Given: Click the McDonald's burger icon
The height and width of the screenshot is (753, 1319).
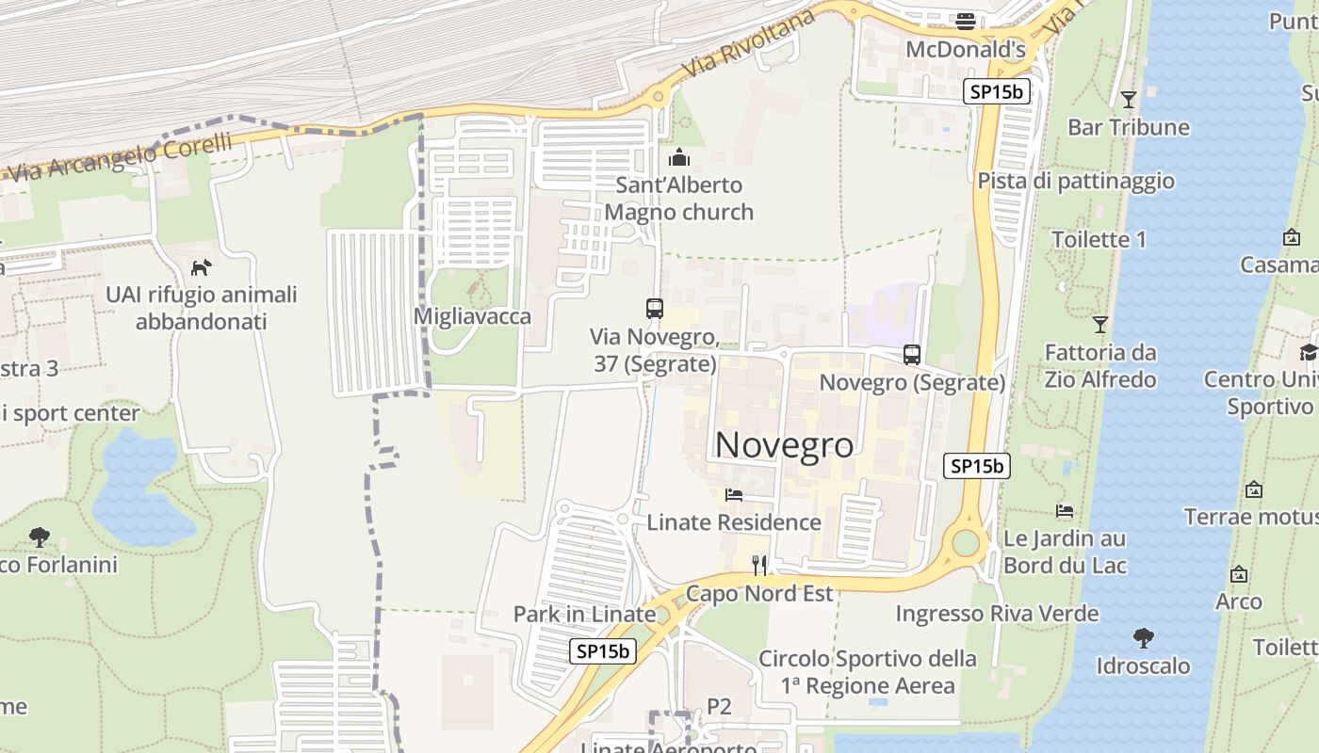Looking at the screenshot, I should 965,21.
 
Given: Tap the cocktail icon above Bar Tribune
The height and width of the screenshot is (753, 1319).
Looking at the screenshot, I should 1128,99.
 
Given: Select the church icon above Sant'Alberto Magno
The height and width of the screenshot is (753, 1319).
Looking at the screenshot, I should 678,157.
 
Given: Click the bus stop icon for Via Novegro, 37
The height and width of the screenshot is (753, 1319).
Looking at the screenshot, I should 654,308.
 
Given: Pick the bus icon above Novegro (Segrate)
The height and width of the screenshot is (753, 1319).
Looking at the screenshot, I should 911,355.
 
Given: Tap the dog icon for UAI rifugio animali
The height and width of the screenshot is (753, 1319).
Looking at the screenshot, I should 201,267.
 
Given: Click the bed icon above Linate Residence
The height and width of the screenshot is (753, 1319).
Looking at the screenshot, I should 734,495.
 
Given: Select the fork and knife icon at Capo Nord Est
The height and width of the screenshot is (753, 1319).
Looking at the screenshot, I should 759,565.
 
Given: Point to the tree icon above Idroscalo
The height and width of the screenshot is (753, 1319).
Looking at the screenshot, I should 1143,638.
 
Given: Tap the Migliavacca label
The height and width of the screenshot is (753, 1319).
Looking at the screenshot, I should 472,316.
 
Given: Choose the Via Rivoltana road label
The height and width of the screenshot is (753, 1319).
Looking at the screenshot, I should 749,46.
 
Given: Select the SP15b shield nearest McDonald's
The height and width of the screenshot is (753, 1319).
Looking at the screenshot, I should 997,91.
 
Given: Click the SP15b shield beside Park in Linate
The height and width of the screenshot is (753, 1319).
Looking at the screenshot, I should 603,650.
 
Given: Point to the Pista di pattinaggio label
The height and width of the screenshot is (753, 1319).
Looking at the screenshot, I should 1075,181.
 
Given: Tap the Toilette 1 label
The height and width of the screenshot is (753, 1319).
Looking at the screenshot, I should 1099,239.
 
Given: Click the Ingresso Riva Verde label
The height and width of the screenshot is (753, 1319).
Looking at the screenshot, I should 997,614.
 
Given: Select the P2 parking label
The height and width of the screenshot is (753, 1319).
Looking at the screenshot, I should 719,706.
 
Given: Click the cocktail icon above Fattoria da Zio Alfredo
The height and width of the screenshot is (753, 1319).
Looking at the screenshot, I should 1099,325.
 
